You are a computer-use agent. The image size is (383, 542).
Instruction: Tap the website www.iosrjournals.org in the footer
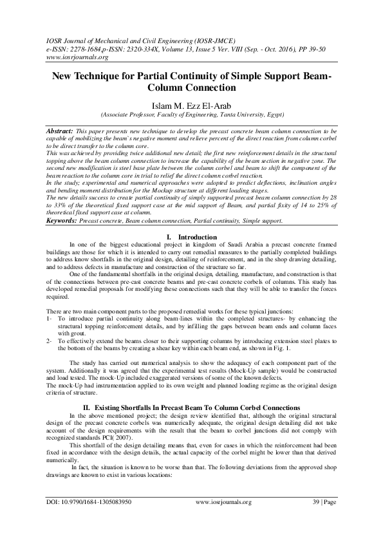point(223,519)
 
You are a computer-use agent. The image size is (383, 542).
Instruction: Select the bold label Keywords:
point(62,221)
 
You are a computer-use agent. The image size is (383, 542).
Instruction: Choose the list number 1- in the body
point(50,319)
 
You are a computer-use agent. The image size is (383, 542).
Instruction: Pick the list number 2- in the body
point(50,341)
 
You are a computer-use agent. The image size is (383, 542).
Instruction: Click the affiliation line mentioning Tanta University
point(191,116)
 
